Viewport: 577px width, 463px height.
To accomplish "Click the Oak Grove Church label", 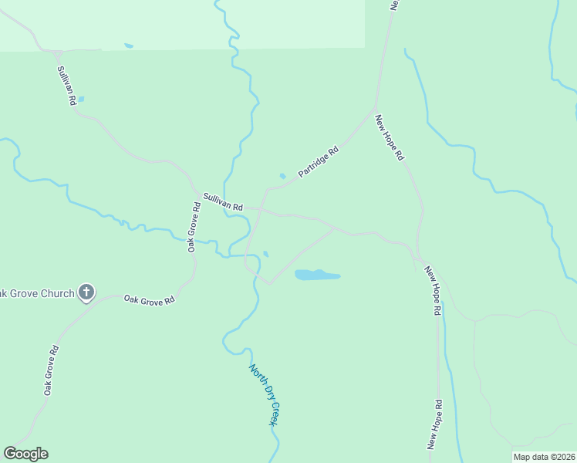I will click(37, 293).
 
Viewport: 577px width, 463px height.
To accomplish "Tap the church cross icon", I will click(86, 292).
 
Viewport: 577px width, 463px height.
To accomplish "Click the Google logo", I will click(25, 454).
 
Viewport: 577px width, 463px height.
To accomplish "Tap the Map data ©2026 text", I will click(543, 457).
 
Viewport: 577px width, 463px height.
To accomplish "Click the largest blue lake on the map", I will click(317, 275).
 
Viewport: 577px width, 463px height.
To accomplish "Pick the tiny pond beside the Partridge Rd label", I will click(282, 176).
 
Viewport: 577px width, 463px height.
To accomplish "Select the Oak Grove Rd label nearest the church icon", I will click(149, 300).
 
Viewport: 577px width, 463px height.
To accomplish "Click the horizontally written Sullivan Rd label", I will click(223, 202).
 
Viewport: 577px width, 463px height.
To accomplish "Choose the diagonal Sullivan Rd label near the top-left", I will click(66, 85).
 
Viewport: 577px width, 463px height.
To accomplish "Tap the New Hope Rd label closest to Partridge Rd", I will click(390, 137).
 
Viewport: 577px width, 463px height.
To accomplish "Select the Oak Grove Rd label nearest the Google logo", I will click(51, 370).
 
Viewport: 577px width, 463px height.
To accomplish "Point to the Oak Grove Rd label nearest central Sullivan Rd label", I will click(194, 227).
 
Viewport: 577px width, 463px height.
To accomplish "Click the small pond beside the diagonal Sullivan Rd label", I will click(81, 99).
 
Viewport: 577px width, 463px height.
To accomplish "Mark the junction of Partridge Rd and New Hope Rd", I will click(375, 109).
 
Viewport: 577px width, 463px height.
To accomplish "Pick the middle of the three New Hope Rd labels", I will click(432, 292).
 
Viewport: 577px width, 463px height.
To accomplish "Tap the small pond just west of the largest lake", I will click(266, 254).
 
